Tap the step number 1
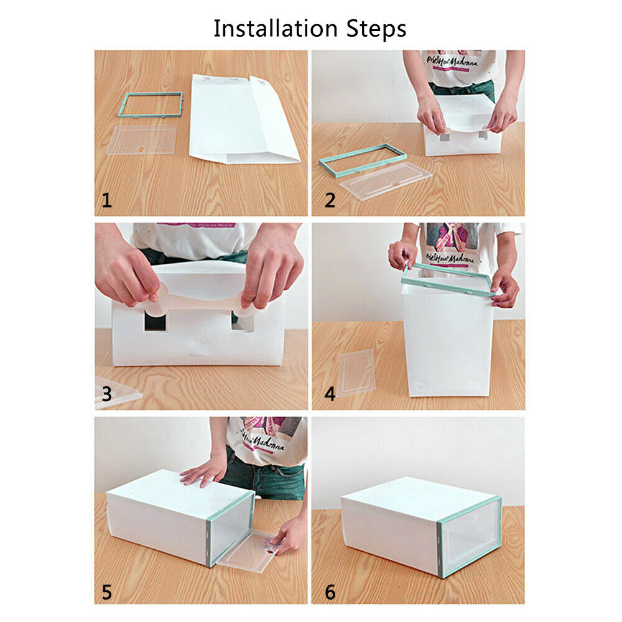pyautogui.click(x=107, y=200)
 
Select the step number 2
pyautogui.click(x=330, y=200)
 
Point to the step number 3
pyautogui.click(x=107, y=394)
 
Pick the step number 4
pyautogui.click(x=330, y=394)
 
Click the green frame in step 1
pyautogui.click(x=151, y=104)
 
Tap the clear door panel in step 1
pyautogui.click(x=142, y=139)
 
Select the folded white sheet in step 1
pyautogui.click(x=243, y=118)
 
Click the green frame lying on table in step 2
pyautogui.click(x=363, y=160)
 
